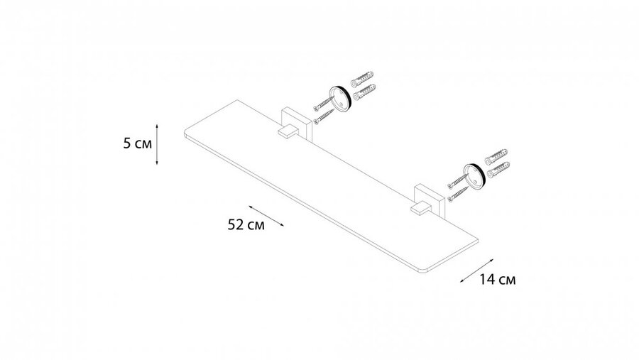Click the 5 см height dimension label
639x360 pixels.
(137, 143)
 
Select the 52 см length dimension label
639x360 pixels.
(246, 224)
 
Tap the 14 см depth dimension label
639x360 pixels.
(497, 280)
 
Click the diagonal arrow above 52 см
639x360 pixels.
(266, 216)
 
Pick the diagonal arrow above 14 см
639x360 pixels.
(477, 271)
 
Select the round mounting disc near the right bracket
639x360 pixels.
(474, 176)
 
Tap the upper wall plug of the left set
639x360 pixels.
(362, 79)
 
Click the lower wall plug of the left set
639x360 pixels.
(364, 92)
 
